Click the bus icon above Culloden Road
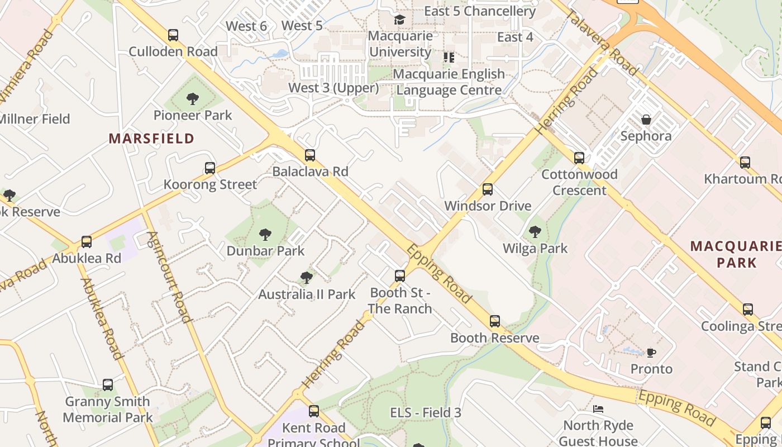click(x=173, y=35)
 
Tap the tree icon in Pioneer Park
click(x=193, y=99)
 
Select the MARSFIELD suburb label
click(x=151, y=139)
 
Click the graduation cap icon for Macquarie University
click(x=399, y=20)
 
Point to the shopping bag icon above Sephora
click(x=646, y=120)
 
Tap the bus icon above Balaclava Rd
click(x=310, y=155)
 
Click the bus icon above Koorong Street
click(x=210, y=168)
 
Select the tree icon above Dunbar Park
click(x=265, y=235)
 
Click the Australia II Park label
click(x=307, y=294)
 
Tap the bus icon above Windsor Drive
click(x=488, y=189)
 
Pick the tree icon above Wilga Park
click(x=535, y=231)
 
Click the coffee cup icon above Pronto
click(x=651, y=353)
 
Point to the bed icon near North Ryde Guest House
click(x=598, y=409)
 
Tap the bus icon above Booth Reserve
click(x=495, y=321)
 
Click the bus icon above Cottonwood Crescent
click(x=579, y=158)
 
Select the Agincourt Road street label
click(x=169, y=277)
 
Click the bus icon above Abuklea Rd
click(x=87, y=242)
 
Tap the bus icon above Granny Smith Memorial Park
click(x=108, y=385)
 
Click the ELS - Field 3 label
click(x=426, y=413)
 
